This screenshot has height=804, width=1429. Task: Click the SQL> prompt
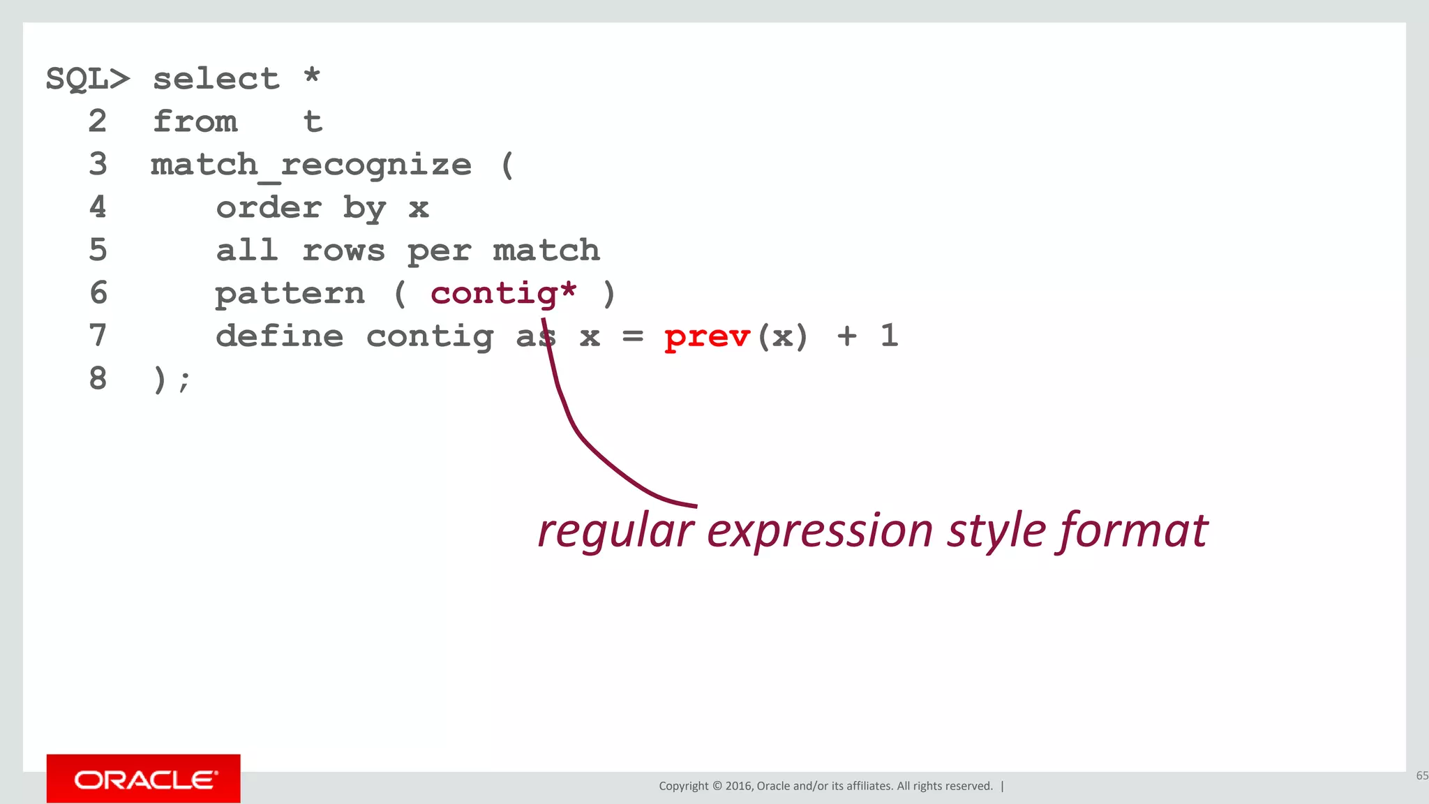(87, 79)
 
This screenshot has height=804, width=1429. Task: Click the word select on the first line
(216, 79)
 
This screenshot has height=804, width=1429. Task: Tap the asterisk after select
(312, 75)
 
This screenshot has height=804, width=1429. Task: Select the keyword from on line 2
(195, 121)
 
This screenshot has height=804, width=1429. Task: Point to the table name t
(313, 122)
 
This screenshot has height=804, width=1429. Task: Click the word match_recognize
(311, 165)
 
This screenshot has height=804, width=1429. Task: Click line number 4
(98, 207)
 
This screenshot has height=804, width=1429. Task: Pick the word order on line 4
(269, 208)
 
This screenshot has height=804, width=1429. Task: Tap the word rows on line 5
(343, 251)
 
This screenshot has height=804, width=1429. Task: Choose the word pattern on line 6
(290, 294)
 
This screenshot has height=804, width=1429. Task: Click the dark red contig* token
(503, 294)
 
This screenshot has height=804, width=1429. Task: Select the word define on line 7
(279, 336)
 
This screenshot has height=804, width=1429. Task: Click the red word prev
(707, 337)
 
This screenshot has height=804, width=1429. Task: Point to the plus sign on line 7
(847, 336)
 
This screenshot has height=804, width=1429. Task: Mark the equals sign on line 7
(632, 336)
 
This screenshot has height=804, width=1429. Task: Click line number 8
(98, 379)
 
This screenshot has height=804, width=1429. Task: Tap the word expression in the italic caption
(820, 530)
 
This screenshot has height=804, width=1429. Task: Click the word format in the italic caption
(1134, 530)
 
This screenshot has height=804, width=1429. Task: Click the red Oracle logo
(144, 779)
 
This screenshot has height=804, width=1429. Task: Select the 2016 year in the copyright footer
(738, 786)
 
